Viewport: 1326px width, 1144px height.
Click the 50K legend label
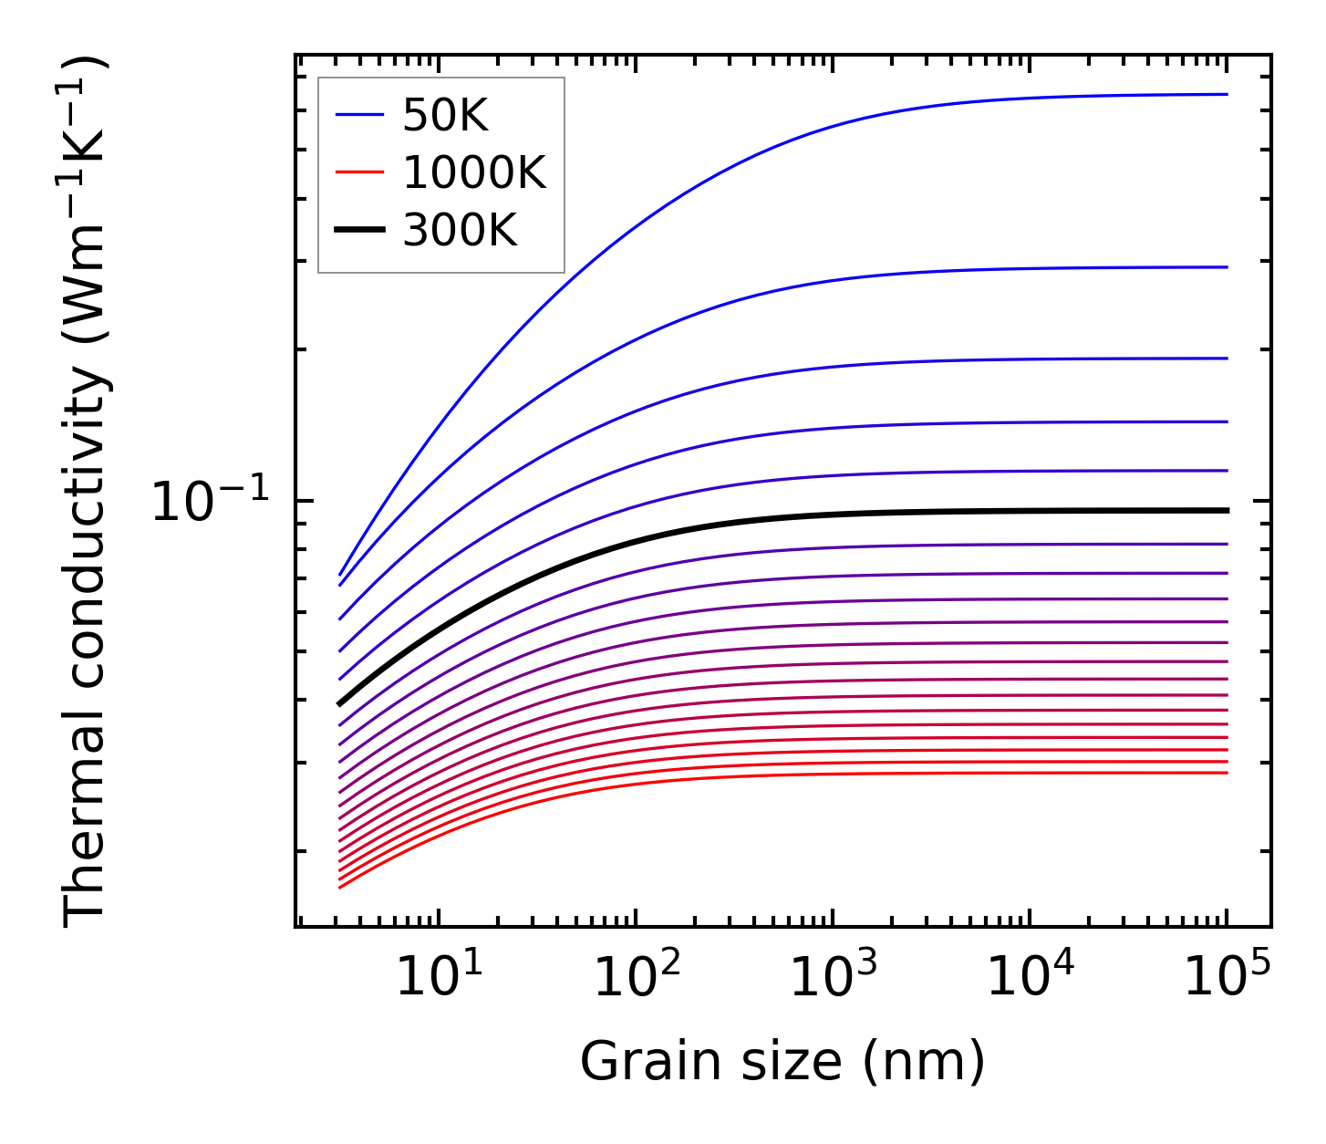pos(445,116)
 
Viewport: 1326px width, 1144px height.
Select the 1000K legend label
pos(474,172)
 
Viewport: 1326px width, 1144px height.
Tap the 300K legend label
pos(460,230)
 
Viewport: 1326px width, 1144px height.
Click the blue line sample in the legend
pos(360,115)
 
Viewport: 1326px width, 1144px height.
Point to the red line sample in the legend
pos(360,172)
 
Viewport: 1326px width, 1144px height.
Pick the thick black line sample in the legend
pos(360,230)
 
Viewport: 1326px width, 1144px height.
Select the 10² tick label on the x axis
pos(636,978)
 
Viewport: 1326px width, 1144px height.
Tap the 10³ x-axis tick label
pos(833,978)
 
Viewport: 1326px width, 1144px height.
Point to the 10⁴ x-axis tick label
pos(1031,978)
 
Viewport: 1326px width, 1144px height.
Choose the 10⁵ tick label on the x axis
pos(1228,978)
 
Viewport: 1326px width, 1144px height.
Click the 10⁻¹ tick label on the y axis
pos(211,502)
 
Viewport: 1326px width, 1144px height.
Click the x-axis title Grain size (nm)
pos(782,1062)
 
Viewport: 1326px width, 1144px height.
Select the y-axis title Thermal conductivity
pos(86,493)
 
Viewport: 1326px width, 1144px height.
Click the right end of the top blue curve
pos(1227,94)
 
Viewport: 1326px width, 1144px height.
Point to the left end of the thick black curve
pos(340,703)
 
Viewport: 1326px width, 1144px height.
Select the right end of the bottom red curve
pos(1227,773)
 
